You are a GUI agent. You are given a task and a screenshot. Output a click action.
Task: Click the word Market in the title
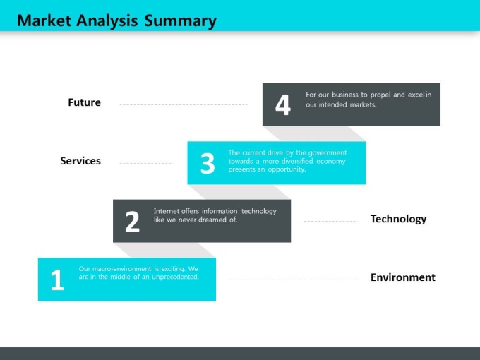point(44,20)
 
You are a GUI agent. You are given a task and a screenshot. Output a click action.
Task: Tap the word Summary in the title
point(180,21)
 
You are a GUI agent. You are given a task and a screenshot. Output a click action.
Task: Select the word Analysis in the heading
point(107,21)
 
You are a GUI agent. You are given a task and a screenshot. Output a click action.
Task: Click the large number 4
point(283,104)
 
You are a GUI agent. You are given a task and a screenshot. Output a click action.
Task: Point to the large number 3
point(208,164)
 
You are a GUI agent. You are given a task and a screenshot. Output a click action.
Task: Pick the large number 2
point(132,222)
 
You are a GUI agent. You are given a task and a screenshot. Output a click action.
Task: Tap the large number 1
point(57,280)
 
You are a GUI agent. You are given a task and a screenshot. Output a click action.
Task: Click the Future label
point(84,102)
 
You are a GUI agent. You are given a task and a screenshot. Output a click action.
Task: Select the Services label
point(80,161)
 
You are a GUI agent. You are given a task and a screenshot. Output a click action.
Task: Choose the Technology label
point(398,220)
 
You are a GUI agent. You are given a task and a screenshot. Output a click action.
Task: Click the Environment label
point(403,277)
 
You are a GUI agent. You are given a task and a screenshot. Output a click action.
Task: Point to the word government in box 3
point(328,153)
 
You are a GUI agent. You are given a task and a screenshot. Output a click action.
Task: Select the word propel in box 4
point(380,95)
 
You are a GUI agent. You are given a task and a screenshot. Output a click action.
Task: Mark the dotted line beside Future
point(184,104)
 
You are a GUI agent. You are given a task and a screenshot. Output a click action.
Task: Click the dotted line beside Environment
point(293,280)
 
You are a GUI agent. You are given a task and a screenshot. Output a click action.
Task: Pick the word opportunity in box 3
point(287,169)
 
